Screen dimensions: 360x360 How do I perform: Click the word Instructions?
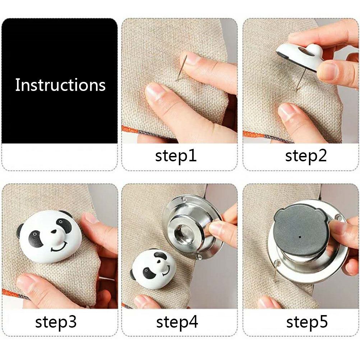point(60,85)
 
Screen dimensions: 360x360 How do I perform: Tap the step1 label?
point(176,156)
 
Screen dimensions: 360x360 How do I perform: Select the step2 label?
point(306,156)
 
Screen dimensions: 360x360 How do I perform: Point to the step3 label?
point(56,322)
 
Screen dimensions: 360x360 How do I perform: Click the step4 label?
point(177,322)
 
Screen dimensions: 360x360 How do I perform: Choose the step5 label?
point(307,322)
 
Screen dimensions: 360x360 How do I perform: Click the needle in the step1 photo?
point(181,68)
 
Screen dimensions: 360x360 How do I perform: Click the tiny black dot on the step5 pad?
point(300,236)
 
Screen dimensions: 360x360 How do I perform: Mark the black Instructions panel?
point(60,81)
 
